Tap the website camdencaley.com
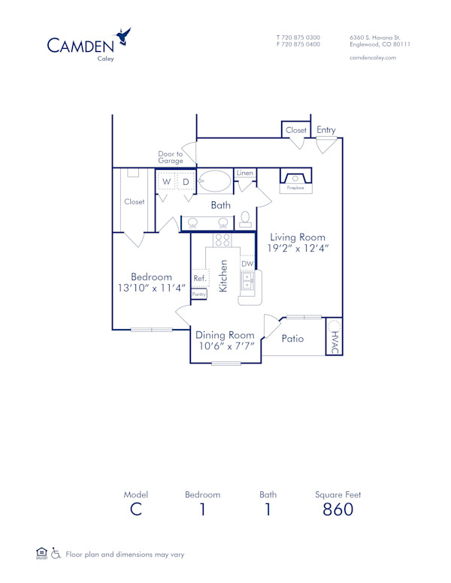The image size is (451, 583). point(373,58)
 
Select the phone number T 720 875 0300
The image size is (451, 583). point(298,37)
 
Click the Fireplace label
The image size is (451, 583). point(295,188)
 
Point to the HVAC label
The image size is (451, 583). point(334,342)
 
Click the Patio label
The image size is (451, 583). point(292,339)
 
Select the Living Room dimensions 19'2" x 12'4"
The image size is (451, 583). point(298,247)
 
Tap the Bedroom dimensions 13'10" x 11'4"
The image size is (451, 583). point(151,288)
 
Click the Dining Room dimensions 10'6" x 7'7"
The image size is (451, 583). point(225,346)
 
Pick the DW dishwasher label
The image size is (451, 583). point(247,264)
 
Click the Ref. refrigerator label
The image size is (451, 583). point(200,278)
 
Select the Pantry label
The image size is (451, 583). point(198,295)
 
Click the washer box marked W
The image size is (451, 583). point(166,182)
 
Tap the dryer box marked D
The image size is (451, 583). point(185,182)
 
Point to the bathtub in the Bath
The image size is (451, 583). point(216,181)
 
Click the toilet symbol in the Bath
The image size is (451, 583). point(245,219)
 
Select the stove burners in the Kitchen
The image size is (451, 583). point(222,240)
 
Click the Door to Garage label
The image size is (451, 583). point(171,157)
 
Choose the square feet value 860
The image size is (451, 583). point(337,509)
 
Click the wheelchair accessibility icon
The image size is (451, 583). point(55,554)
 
